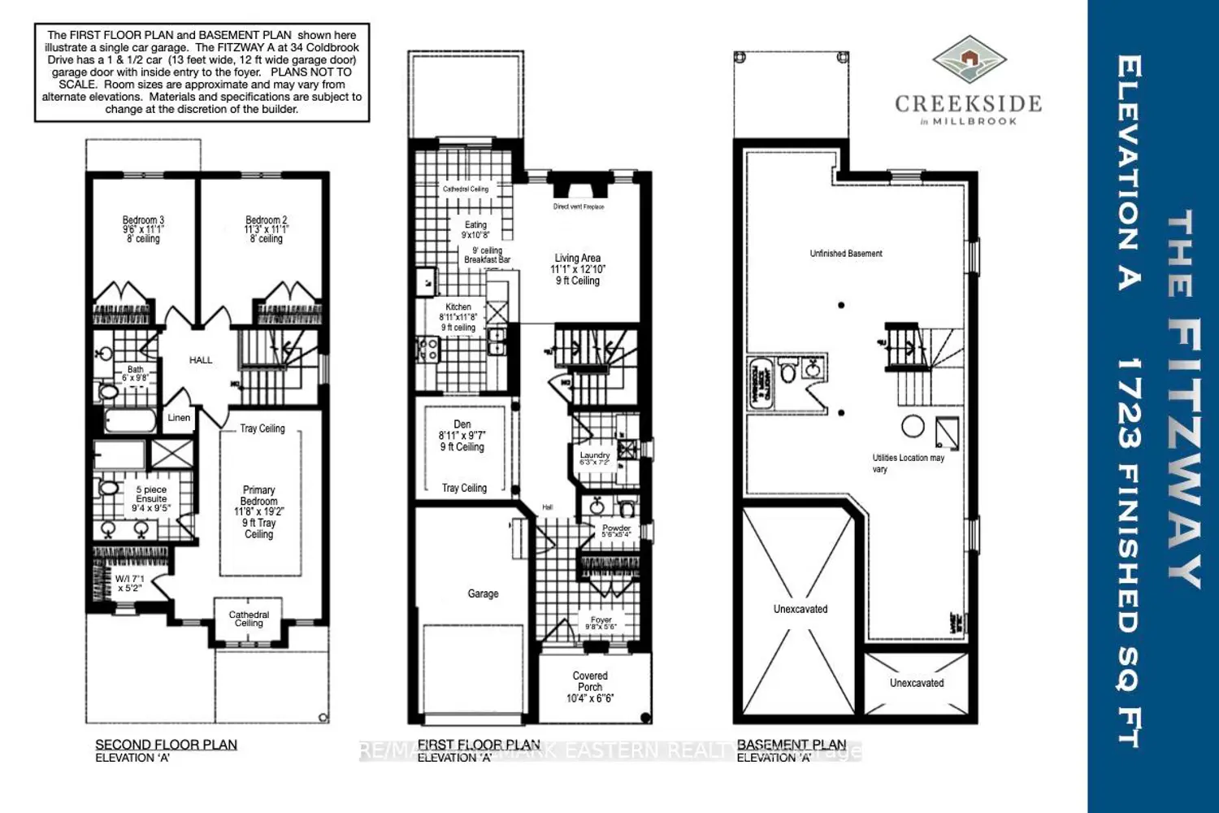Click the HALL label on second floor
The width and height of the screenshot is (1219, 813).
tap(201, 360)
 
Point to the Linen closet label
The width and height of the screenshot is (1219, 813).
tap(179, 418)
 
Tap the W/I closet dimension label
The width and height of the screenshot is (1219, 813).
tap(128, 583)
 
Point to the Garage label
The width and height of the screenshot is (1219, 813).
tap(483, 594)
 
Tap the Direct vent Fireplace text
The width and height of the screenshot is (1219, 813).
tap(579, 207)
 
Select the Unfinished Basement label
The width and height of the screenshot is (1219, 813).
tap(846, 254)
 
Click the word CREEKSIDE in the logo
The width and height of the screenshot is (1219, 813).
tap(968, 104)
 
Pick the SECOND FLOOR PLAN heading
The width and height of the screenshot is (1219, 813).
tap(167, 745)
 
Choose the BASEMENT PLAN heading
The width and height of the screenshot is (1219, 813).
tap(791, 745)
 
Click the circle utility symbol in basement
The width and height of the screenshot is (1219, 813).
tap(913, 426)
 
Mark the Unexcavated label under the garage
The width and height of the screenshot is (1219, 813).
tap(800, 609)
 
